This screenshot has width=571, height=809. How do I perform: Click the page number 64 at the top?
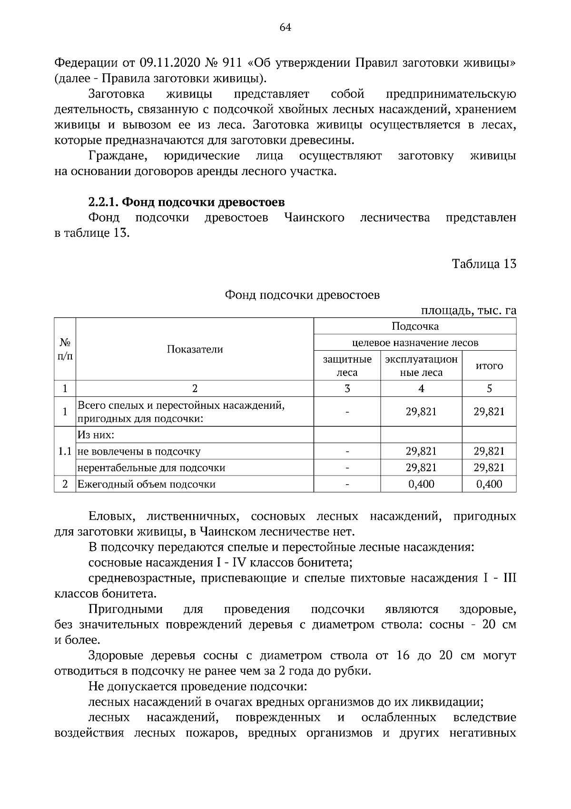point(285,28)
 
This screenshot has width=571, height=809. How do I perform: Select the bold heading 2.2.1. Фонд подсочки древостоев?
point(187,202)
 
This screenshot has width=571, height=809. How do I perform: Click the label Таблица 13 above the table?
point(484,264)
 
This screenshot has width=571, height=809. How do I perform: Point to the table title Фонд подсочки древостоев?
point(302,295)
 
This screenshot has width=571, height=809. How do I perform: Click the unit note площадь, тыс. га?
point(469,311)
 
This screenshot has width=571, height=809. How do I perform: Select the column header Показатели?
point(195,349)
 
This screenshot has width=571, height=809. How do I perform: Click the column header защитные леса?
point(347,366)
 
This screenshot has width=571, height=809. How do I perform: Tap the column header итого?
point(489,366)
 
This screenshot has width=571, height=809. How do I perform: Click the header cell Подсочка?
point(415,326)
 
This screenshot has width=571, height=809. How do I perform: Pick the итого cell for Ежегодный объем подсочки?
point(489,485)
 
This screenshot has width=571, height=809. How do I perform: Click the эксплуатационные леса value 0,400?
point(421,485)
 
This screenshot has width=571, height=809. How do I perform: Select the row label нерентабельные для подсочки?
point(151,468)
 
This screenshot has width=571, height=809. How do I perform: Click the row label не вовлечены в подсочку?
point(139,451)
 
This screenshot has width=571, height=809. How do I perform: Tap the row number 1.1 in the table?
point(65,451)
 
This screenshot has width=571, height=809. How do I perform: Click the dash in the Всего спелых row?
point(347,412)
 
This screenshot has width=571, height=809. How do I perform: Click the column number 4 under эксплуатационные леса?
point(421,389)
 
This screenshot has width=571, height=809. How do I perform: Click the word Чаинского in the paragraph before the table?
point(314,218)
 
